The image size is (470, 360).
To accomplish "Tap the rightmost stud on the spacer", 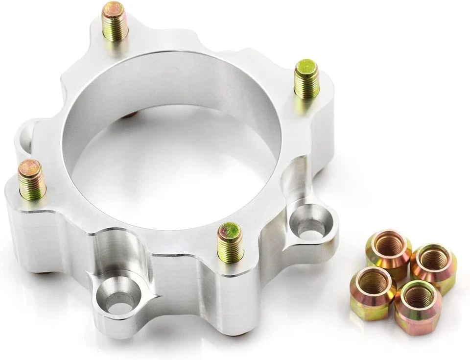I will (x=307, y=78).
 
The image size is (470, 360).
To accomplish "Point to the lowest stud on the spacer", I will (x=230, y=241).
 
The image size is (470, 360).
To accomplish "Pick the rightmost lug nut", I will (x=434, y=267).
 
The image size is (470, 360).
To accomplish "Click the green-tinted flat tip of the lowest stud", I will (x=230, y=229).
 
